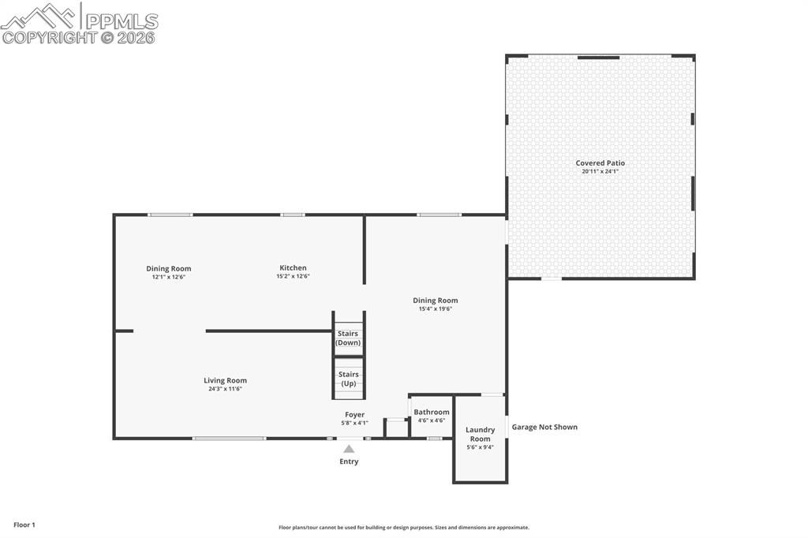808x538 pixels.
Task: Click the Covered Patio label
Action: click(x=600, y=163)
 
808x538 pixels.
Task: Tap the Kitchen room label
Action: click(x=293, y=268)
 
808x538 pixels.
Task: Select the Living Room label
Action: click(x=226, y=380)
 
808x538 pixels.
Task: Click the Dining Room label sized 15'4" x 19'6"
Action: click(x=436, y=301)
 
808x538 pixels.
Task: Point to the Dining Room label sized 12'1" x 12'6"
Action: click(x=169, y=269)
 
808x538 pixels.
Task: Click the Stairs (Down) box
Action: click(x=348, y=338)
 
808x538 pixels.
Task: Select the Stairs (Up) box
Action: click(x=348, y=379)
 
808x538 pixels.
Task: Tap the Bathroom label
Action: click(x=432, y=412)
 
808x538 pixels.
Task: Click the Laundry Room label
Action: click(x=480, y=435)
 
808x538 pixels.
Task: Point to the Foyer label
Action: click(x=354, y=415)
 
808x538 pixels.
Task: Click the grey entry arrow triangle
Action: click(x=349, y=449)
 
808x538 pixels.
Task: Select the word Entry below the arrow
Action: click(x=349, y=461)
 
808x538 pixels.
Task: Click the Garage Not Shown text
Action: click(x=544, y=427)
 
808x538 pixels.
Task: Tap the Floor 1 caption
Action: click(x=24, y=525)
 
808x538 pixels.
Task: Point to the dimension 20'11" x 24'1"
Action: click(x=600, y=171)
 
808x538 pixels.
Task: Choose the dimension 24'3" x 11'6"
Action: click(x=226, y=389)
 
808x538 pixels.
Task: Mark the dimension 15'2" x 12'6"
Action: click(x=293, y=277)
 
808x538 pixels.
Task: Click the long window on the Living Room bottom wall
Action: click(x=230, y=439)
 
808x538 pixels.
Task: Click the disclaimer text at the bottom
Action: click(x=404, y=528)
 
